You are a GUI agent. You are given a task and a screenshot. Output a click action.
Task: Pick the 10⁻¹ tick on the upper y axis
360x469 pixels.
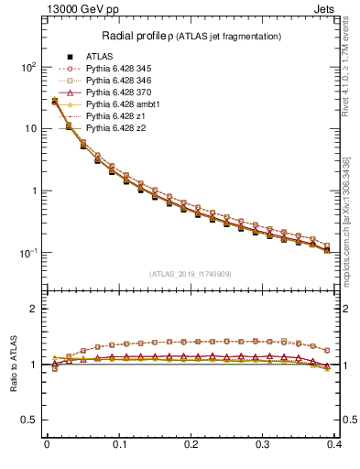[x=29, y=253]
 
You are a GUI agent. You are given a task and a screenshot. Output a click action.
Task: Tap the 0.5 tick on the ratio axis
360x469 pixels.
[x=31, y=420]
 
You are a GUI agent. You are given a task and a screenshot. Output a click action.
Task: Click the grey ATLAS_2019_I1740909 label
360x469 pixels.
[x=191, y=273]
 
